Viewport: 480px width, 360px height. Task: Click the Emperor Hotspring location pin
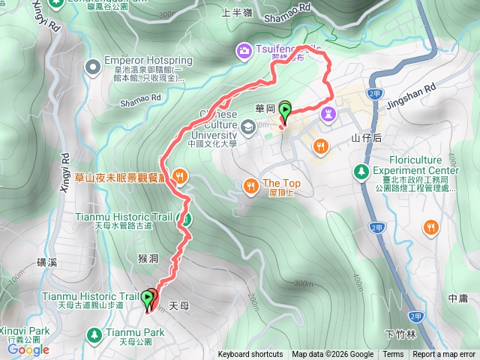point(92,68)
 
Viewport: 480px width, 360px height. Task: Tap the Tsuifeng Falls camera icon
point(244,51)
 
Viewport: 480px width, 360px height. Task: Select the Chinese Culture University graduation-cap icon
point(248,124)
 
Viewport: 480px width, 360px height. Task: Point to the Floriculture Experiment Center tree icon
point(361,172)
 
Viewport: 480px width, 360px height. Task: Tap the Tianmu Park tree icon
point(94,333)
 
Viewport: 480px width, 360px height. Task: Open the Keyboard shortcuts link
point(250,355)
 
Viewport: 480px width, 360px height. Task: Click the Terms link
point(393,355)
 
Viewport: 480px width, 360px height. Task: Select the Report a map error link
point(443,355)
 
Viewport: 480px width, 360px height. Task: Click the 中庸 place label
point(458,298)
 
